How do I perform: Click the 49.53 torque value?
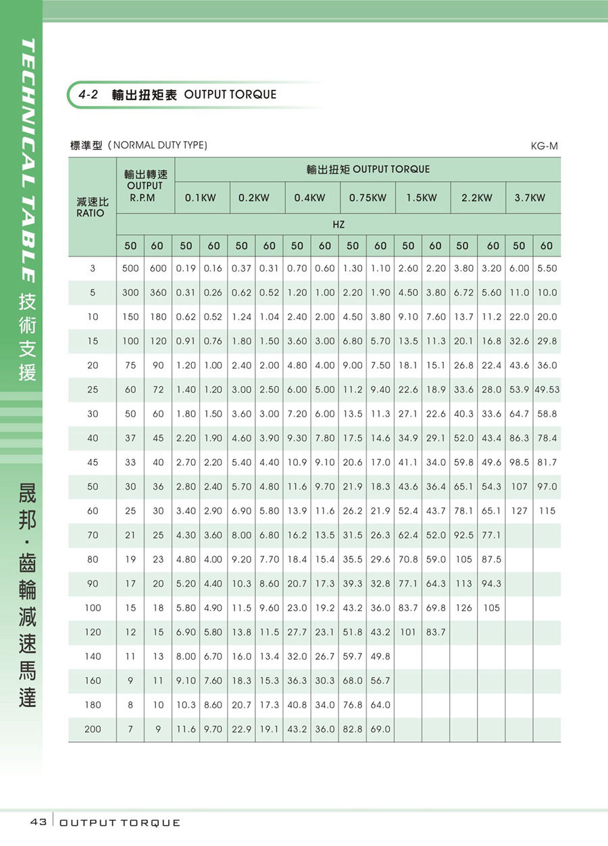[x=547, y=390]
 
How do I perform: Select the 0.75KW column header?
[x=368, y=198]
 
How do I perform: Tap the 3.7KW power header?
[x=530, y=198]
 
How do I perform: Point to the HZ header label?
[x=338, y=223]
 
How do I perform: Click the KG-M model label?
[x=544, y=145]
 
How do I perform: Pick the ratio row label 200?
[x=93, y=729]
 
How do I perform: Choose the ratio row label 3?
[x=93, y=268]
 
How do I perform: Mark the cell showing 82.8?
[x=353, y=729]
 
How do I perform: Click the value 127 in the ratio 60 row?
[x=519, y=511]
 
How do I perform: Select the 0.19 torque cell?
[x=186, y=268]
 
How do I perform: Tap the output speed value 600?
[x=158, y=268]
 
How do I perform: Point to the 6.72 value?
[x=463, y=292]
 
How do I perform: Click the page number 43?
[x=38, y=822]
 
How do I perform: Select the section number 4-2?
[x=88, y=95]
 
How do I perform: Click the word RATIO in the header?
[x=91, y=213]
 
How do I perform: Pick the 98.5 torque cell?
[x=519, y=462]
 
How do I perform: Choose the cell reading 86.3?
[x=519, y=438]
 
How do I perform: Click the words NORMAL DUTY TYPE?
[x=159, y=145]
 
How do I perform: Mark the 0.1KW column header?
[x=200, y=198]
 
